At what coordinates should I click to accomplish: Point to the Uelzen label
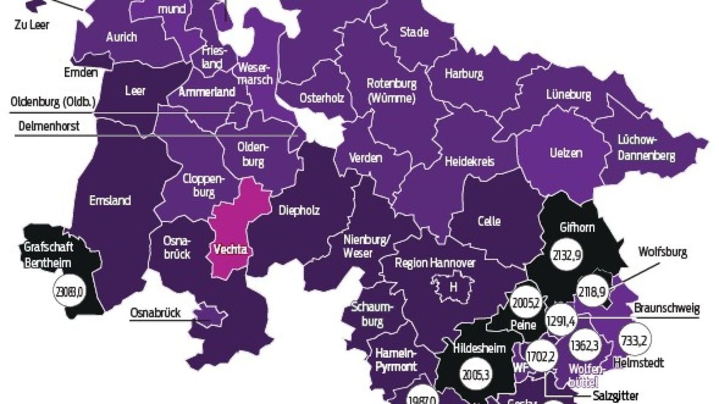(x=565, y=153)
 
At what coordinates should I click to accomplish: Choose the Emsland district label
(x=110, y=201)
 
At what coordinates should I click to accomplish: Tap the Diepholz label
(x=299, y=210)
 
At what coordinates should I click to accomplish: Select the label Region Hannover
(x=435, y=263)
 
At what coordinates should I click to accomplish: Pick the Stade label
(x=414, y=32)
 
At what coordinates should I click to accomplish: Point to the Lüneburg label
(x=569, y=95)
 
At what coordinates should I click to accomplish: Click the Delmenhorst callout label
(x=48, y=126)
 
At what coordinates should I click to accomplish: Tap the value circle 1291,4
(x=561, y=321)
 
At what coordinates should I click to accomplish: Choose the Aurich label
(x=121, y=37)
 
